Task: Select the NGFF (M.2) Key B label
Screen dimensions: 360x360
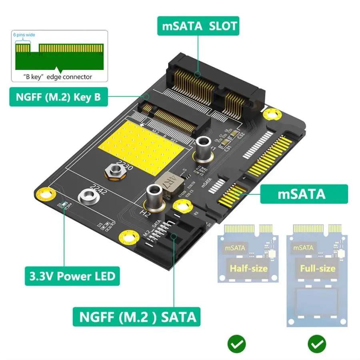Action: pyautogui.click(x=58, y=97)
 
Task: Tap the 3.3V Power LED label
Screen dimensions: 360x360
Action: pyautogui.click(x=72, y=276)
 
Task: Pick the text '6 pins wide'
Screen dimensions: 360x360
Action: pyautogui.click(x=24, y=35)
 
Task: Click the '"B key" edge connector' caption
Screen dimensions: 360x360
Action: pyautogui.click(x=57, y=77)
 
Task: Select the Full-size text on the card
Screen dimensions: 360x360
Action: pyautogui.click(x=318, y=268)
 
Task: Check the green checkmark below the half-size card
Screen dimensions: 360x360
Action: pyautogui.click(x=237, y=344)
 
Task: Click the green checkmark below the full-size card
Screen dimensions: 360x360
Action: pyautogui.click(x=317, y=344)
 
